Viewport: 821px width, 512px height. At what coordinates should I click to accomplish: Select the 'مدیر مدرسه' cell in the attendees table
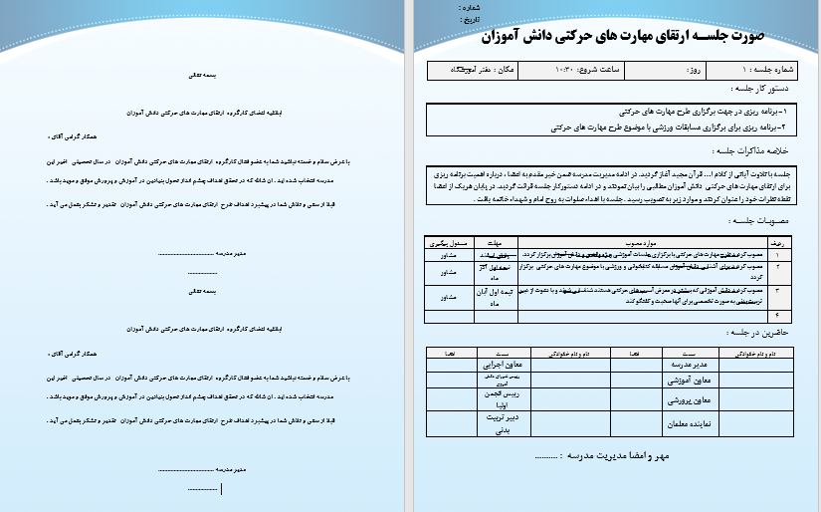(690, 365)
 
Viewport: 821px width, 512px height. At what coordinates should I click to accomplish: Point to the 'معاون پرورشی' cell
(689, 401)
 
